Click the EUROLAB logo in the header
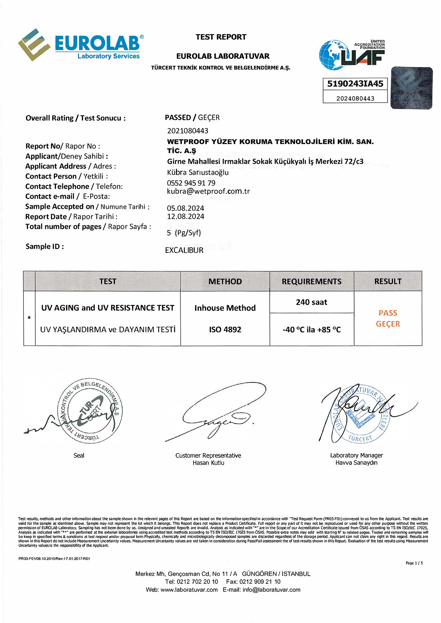pyautogui.click(x=81, y=45)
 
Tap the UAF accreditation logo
pyautogui.click(x=352, y=54)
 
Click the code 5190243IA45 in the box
pyautogui.click(x=355, y=84)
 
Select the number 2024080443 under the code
pyautogui.click(x=355, y=98)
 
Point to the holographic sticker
pyautogui.click(x=411, y=88)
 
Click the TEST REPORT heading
pyautogui.click(x=221, y=37)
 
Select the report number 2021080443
pyautogui.click(x=188, y=131)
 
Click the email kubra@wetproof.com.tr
pyautogui.click(x=208, y=191)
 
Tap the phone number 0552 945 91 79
pyautogui.click(x=191, y=183)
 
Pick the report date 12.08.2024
pyautogui.click(x=186, y=216)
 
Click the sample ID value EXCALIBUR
pyautogui.click(x=184, y=250)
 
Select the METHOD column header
pyautogui.click(x=225, y=281)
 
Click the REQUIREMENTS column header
pyautogui.click(x=312, y=281)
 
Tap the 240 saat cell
pyautogui.click(x=312, y=302)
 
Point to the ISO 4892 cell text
pyautogui.click(x=225, y=330)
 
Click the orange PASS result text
pyautogui.click(x=388, y=313)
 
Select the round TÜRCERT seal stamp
pyautogui.click(x=90, y=410)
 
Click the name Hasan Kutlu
pyautogui.click(x=208, y=463)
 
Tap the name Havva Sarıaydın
pyautogui.click(x=356, y=462)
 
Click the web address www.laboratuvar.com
pyautogui.click(x=189, y=590)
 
